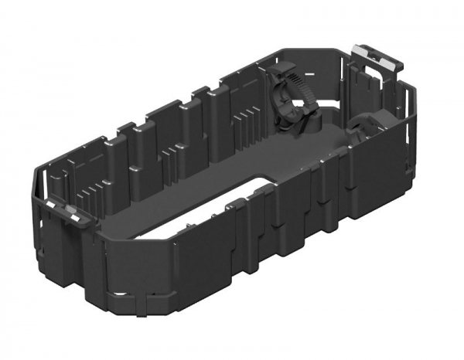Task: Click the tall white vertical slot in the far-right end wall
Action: pyautogui.click(x=408, y=116)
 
